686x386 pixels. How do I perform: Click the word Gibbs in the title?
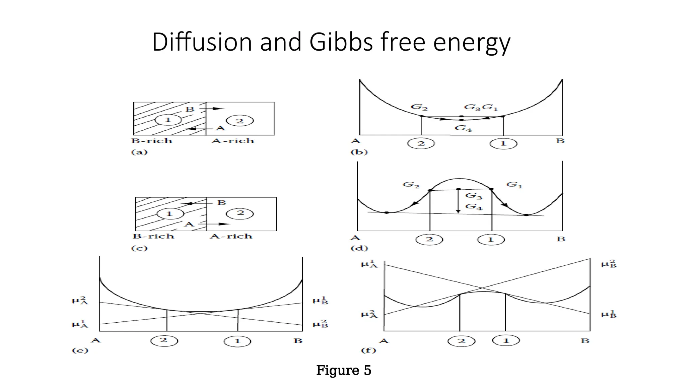pos(341,42)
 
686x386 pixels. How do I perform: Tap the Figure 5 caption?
pos(344,370)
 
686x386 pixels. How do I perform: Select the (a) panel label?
pos(139,152)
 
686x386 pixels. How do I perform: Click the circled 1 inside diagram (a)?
pos(168,120)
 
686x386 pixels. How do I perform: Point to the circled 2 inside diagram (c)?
pos(241,213)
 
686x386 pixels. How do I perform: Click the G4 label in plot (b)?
pos(463,128)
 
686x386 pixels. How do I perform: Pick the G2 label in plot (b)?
pos(419,107)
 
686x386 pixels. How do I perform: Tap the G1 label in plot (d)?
pos(514,184)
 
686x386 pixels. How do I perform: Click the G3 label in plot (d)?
pos(474,196)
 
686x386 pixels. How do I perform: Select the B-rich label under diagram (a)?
pos(152,141)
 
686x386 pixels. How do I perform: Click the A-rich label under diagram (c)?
pos(231,236)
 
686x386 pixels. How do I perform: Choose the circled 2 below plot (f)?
pos(462,341)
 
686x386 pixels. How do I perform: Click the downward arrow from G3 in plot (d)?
pos(458,201)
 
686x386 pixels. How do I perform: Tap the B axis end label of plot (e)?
pos(298,341)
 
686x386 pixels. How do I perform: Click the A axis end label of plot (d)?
pos(355,238)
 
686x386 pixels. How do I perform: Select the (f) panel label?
pos(368,350)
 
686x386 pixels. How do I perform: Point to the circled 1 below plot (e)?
pos(237,341)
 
